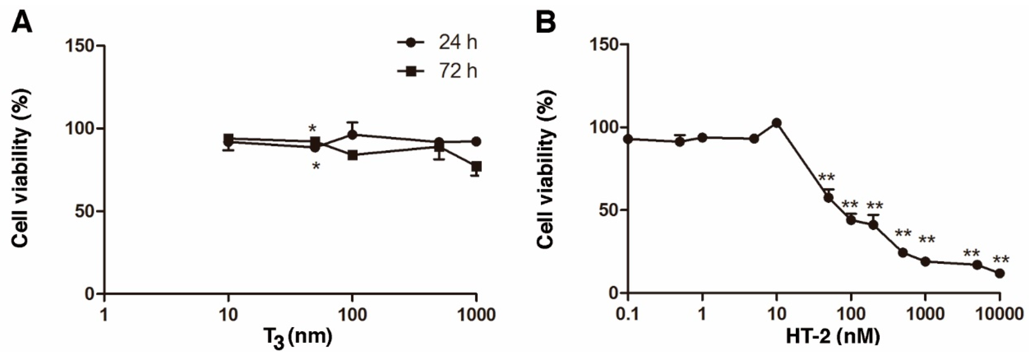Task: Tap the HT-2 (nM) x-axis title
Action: coord(833,336)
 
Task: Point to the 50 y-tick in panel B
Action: coord(607,210)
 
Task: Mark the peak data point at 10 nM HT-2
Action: coord(776,123)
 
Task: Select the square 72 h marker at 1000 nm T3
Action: coord(476,166)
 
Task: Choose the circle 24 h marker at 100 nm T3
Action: coord(352,135)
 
